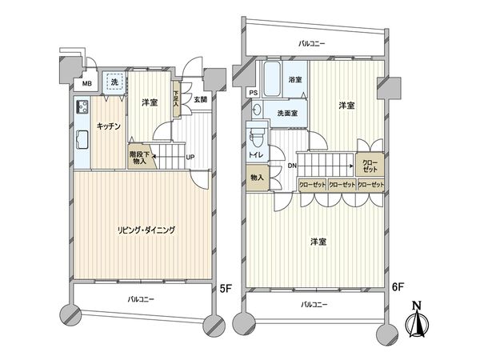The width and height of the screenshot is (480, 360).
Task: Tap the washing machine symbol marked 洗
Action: point(114,83)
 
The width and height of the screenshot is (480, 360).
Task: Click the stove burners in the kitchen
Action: point(82,107)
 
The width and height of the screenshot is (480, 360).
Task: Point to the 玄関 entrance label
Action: point(200,100)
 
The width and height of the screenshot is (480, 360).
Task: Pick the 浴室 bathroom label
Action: point(295,80)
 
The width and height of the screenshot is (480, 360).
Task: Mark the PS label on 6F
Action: point(254,93)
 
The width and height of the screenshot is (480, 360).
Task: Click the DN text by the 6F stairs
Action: point(292,166)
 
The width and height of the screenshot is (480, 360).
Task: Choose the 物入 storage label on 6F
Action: point(257,178)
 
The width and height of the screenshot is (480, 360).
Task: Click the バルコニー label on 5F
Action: point(140,298)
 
